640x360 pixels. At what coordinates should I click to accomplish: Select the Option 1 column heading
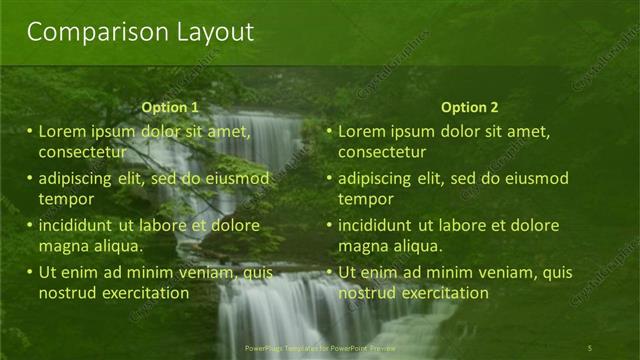pyautogui.click(x=170, y=108)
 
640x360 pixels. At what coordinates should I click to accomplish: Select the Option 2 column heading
pyautogui.click(x=469, y=108)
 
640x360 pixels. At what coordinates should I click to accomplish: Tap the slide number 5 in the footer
pyautogui.click(x=590, y=348)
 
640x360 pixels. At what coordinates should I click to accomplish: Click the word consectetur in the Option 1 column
pyautogui.click(x=82, y=152)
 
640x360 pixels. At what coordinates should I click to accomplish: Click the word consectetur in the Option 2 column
pyautogui.click(x=382, y=152)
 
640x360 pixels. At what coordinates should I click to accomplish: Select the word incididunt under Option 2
pyautogui.click(x=376, y=225)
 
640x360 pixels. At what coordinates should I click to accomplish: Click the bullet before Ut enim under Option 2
pyautogui.click(x=330, y=272)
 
